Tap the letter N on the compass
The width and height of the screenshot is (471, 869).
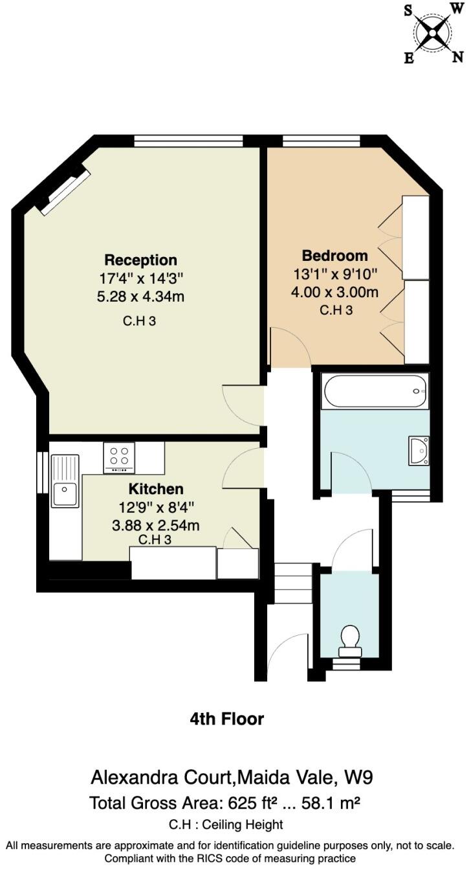[x=457, y=56]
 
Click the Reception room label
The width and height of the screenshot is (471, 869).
[x=140, y=260]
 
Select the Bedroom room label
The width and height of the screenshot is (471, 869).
[x=334, y=255]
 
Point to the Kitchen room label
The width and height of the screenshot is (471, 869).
[x=155, y=489]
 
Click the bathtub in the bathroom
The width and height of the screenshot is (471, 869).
[x=375, y=391]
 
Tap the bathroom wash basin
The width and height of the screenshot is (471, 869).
[x=419, y=450]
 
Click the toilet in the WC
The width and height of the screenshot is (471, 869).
[x=350, y=637]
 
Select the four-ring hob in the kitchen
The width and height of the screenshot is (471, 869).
[x=119, y=457]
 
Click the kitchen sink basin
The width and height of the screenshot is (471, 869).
[x=65, y=495]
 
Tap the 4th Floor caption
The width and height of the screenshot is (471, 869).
[x=226, y=719]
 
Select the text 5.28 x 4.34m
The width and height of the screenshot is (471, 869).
[x=140, y=297]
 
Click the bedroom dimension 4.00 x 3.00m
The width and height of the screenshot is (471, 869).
[x=334, y=292]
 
